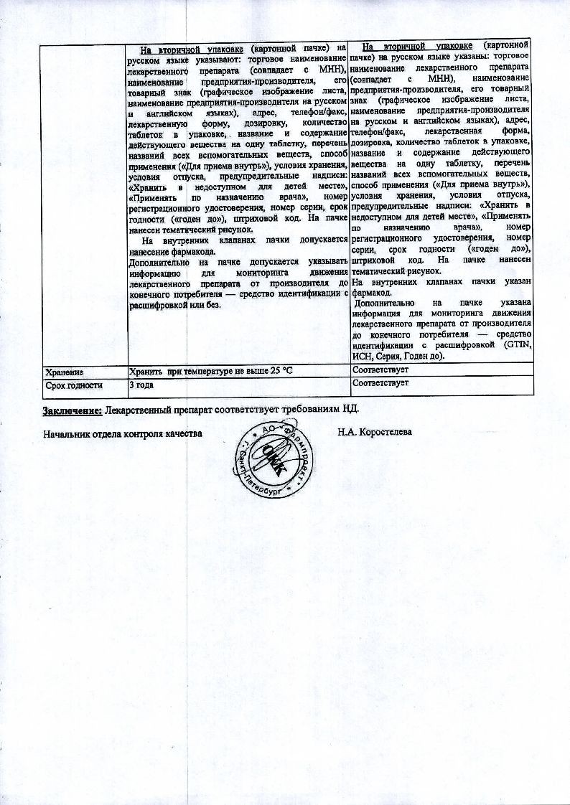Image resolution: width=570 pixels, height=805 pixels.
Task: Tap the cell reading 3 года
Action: pos(142,385)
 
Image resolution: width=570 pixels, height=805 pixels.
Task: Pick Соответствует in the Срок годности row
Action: pos(380,384)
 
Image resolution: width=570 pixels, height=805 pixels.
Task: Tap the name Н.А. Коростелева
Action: pos(375,433)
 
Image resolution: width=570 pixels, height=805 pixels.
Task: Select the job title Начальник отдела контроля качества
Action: pos(121,434)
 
